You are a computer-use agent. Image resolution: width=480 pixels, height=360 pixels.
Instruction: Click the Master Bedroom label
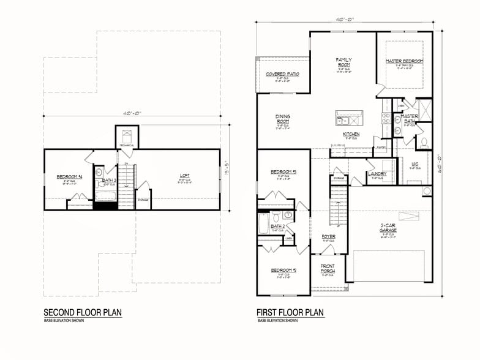pos(405,61)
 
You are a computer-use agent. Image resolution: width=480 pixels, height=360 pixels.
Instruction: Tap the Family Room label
pos(343,62)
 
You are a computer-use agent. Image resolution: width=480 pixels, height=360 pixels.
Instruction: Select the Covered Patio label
pos(282,74)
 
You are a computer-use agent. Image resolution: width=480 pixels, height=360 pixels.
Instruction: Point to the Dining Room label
pos(282,119)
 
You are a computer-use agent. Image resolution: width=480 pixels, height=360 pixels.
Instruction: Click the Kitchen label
pos(351,134)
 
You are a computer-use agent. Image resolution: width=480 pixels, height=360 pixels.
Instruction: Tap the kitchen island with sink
pos(349,117)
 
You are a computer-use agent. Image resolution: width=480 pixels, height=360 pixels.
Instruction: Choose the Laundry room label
pos(377,174)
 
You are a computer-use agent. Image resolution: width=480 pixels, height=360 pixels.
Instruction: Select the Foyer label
pos(328,236)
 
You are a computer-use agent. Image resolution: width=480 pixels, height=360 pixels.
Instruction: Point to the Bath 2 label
pos(278,227)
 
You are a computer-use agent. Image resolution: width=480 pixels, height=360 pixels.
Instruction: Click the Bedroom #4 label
pos(69,177)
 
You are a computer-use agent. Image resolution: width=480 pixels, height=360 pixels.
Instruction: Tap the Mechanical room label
pos(127,145)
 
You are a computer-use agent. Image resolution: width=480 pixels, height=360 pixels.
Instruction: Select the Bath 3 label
pos(108,180)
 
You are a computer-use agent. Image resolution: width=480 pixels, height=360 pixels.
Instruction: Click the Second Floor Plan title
pos(82,313)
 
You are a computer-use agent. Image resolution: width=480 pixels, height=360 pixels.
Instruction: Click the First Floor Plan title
pos(290,313)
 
